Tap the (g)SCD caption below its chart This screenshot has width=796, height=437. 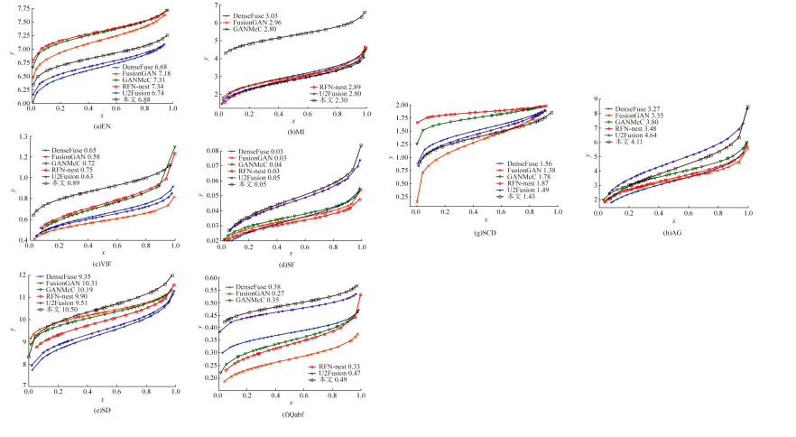(486, 233)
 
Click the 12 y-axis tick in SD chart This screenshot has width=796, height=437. (22, 275)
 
